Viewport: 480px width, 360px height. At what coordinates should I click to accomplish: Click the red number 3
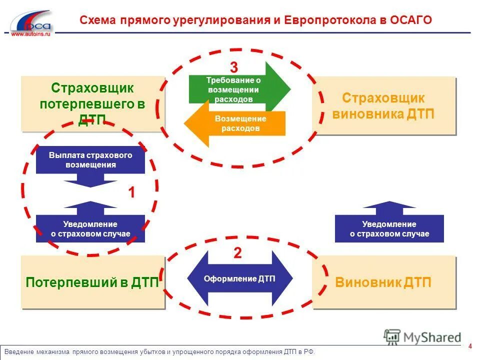[234, 67]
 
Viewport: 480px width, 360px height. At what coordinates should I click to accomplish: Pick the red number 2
[237, 253]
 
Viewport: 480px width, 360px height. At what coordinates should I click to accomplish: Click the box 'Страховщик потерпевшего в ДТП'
[93, 104]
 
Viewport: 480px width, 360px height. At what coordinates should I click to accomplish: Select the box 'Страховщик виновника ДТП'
[383, 105]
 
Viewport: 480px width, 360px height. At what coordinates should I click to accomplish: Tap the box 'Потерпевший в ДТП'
[93, 282]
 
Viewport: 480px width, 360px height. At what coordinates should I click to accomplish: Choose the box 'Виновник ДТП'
[383, 282]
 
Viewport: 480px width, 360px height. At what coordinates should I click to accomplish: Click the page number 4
[470, 346]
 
